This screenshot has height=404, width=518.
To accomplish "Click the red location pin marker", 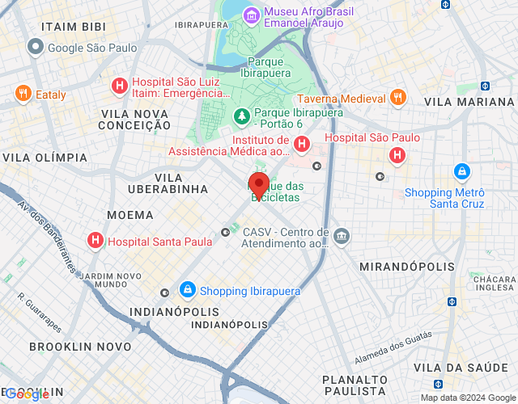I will click(258, 185).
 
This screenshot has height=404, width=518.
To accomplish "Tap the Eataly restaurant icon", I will click(23, 94).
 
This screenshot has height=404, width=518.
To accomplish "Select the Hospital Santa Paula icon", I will click(96, 240).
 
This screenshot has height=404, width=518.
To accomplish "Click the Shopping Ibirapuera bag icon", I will click(188, 290).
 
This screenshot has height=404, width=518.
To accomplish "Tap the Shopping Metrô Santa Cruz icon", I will click(461, 171).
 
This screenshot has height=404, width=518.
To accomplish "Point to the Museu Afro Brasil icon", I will click(252, 15).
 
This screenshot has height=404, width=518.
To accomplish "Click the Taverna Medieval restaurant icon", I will click(397, 98).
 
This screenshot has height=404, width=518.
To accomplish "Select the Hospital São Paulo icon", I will click(397, 155).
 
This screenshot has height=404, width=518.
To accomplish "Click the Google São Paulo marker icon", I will click(35, 48).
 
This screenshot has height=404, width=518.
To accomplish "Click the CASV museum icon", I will click(342, 236).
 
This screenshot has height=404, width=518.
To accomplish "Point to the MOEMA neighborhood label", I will click(130, 215).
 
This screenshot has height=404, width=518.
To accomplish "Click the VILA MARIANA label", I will click(469, 102).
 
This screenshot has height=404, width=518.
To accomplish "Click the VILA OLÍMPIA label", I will click(45, 157).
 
